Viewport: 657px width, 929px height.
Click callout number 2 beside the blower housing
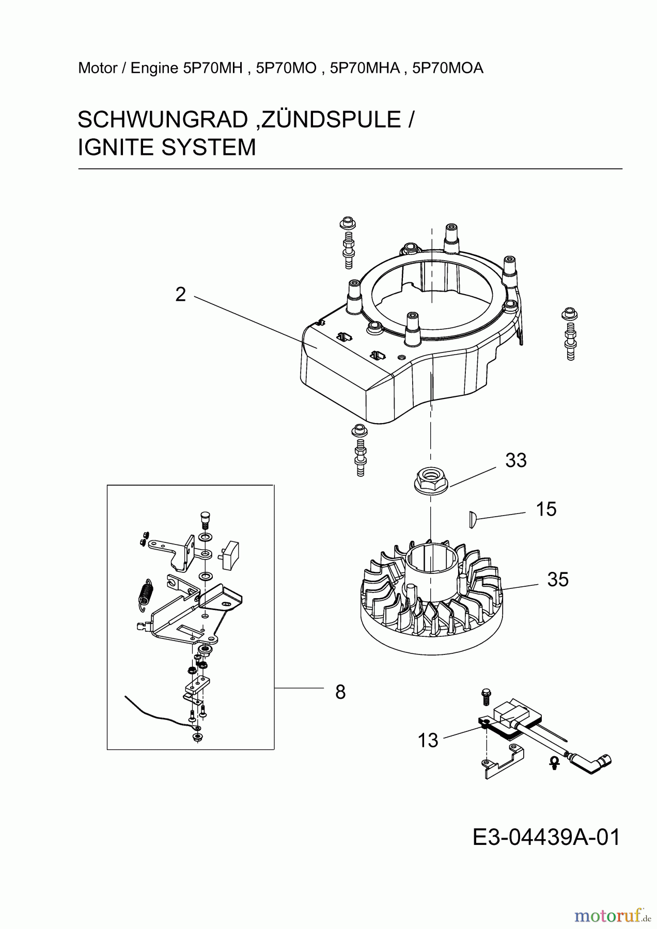(180, 295)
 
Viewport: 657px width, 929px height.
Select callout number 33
(515, 460)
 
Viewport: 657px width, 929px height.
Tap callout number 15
(546, 509)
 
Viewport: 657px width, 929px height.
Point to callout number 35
(558, 580)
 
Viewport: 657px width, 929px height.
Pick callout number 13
(428, 741)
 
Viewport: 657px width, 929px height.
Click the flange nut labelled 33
(430, 482)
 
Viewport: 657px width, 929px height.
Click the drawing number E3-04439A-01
(546, 837)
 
